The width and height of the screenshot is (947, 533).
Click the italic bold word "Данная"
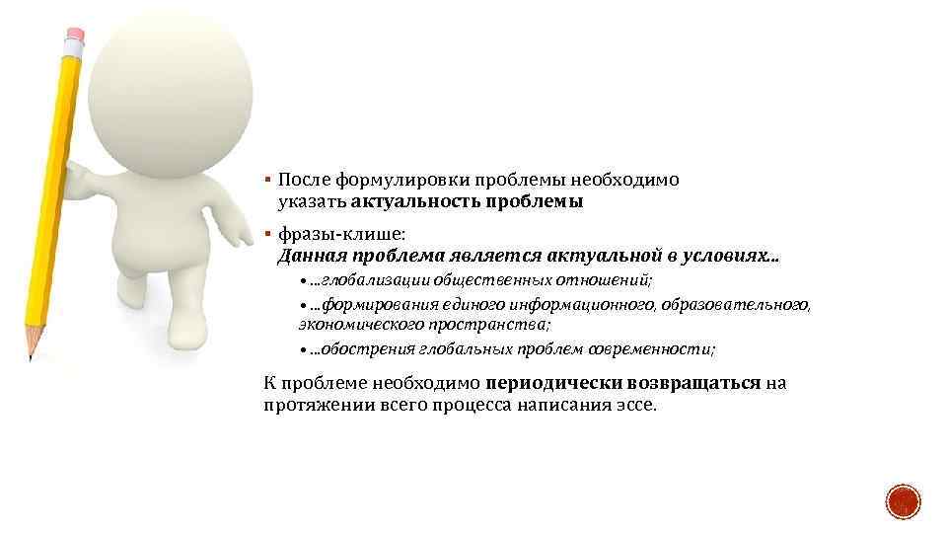(x=309, y=257)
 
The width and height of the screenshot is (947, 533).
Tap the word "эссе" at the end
(x=631, y=405)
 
